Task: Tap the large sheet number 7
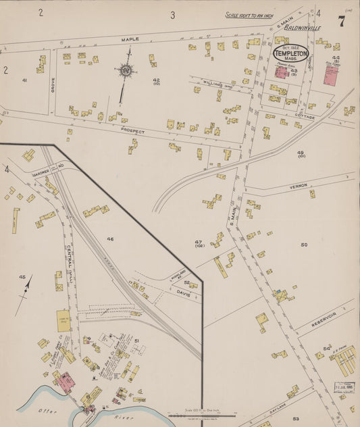tap(342, 21)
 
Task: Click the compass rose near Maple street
tap(126, 70)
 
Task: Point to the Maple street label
tap(130, 39)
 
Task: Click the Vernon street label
tap(298, 185)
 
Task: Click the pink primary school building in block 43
tap(281, 72)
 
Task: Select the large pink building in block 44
tap(330, 74)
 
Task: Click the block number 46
tap(110, 238)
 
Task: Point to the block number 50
tap(304, 245)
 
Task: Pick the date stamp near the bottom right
tap(344, 387)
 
